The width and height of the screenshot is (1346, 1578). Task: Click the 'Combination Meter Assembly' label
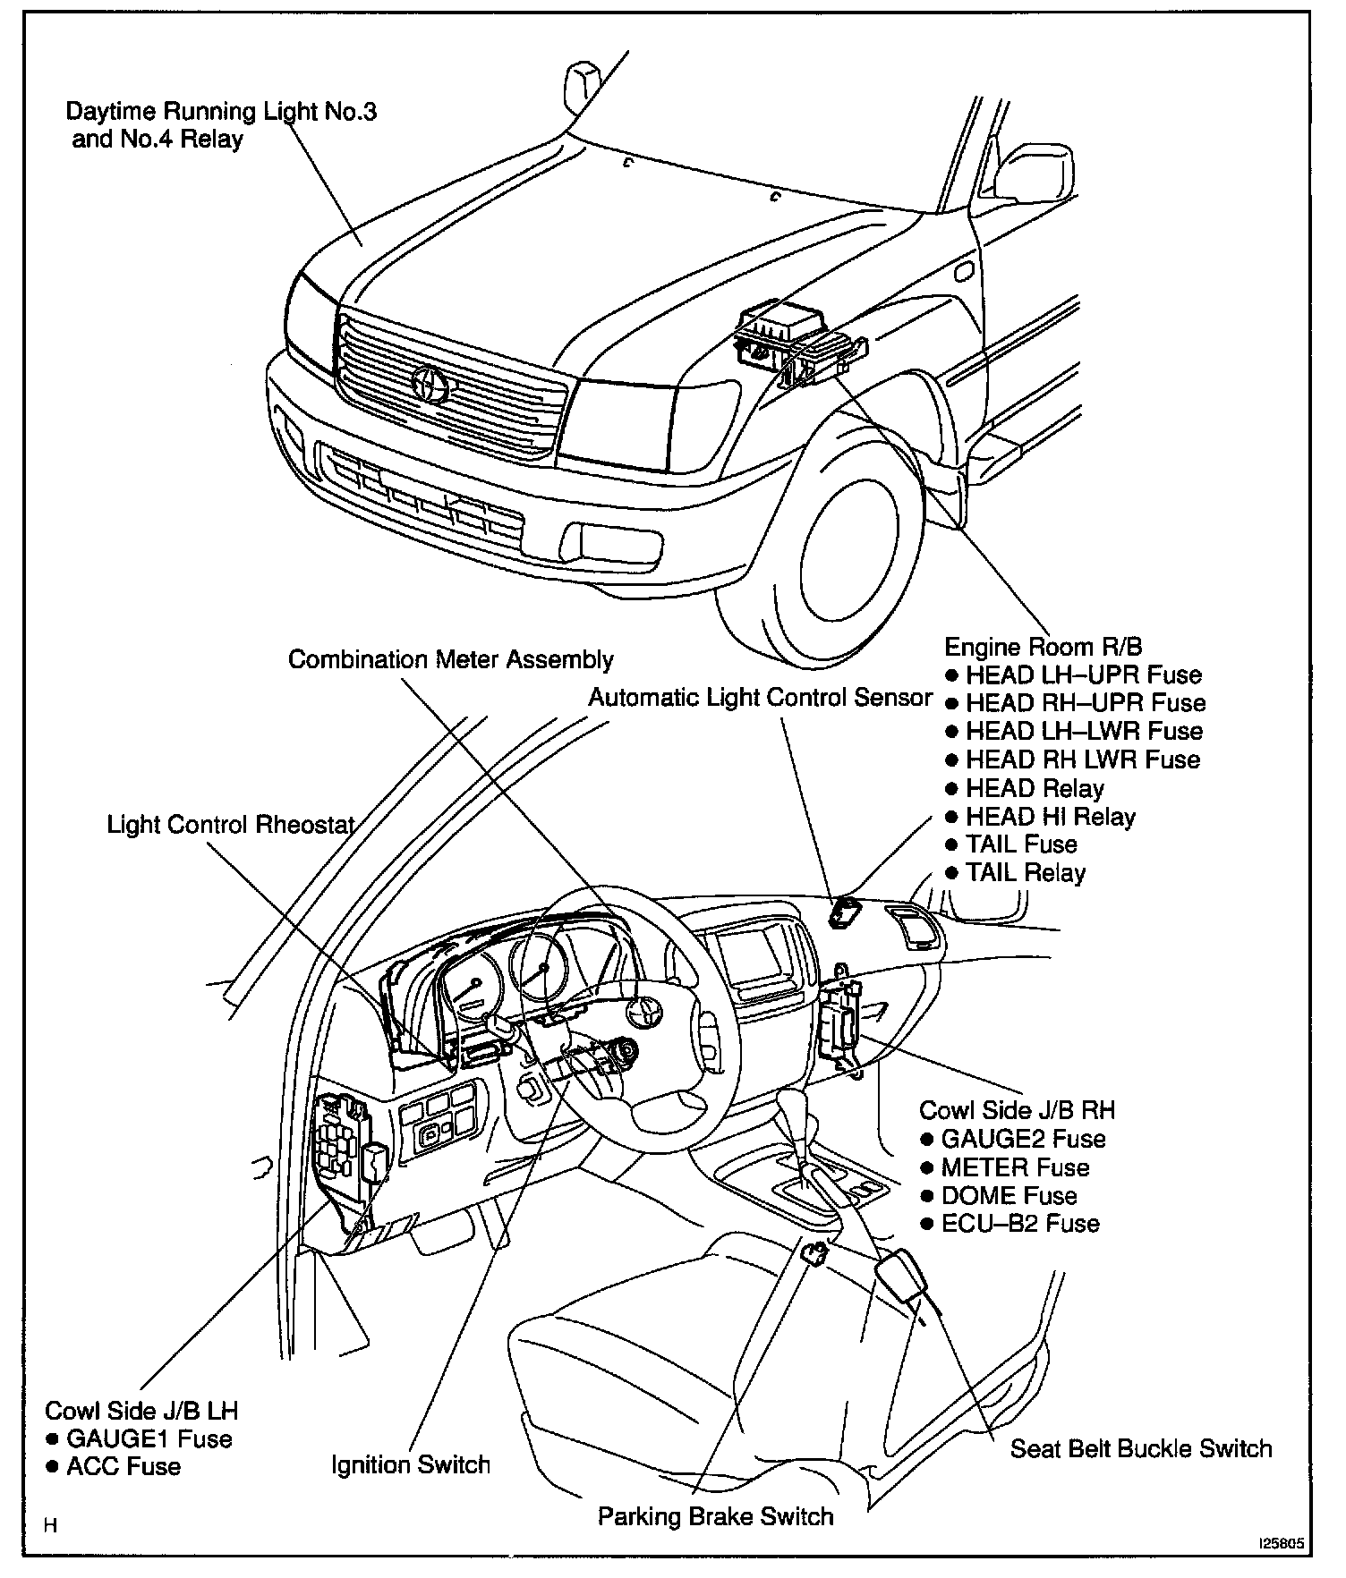(450, 660)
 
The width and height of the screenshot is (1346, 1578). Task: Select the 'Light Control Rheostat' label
(231, 824)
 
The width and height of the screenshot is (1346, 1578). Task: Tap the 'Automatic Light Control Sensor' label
(760, 698)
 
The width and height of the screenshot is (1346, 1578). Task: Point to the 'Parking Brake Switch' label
(715, 1516)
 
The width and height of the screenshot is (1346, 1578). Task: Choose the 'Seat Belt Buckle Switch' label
(1141, 1448)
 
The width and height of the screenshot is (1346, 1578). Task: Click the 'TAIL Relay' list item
(1025, 872)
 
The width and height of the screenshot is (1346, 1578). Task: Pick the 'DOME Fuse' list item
(1009, 1195)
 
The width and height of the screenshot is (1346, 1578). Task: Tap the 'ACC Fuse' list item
(123, 1466)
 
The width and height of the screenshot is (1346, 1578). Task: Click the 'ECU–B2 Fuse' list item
(1020, 1223)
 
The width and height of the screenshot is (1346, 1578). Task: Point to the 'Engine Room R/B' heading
(1044, 646)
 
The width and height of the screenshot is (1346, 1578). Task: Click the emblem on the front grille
(432, 384)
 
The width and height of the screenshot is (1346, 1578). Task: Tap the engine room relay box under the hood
(788, 340)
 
